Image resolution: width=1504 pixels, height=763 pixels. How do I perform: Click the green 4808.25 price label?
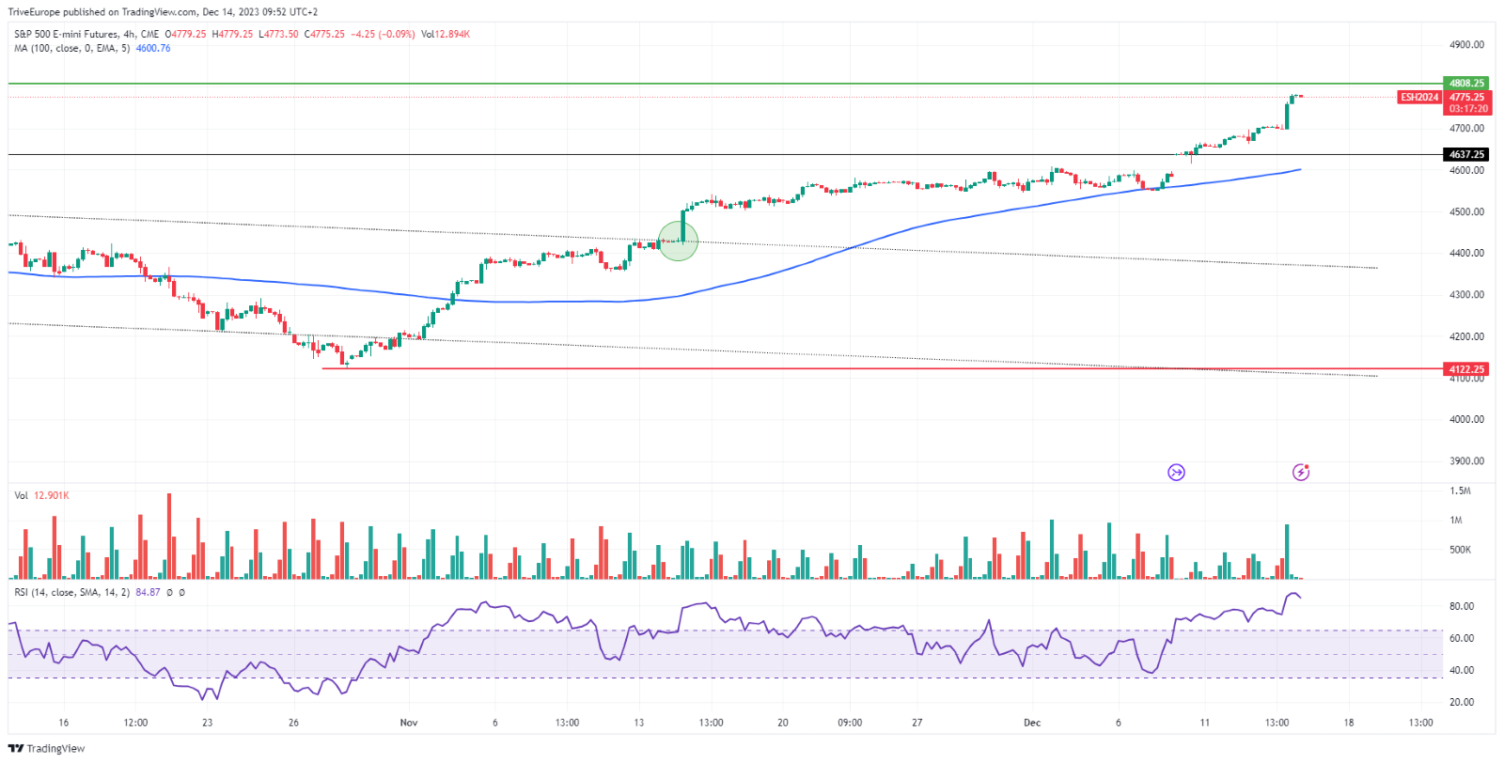[1465, 83]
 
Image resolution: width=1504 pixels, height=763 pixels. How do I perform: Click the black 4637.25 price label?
[1465, 154]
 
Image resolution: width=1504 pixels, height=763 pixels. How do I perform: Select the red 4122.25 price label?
[1465, 369]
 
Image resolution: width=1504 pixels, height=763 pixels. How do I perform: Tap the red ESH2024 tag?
[1419, 97]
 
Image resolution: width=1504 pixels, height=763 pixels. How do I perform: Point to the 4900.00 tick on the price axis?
[1466, 45]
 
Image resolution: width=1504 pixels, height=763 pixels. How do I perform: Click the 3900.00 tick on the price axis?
[1466, 461]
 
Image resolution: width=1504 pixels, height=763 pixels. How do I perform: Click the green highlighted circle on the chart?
[678, 241]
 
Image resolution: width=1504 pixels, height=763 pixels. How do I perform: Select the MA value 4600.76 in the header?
[153, 49]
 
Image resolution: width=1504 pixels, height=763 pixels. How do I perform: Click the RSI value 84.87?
[148, 593]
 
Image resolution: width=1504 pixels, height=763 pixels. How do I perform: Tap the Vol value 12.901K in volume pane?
[52, 495]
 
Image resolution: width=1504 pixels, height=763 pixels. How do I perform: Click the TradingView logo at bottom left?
[46, 749]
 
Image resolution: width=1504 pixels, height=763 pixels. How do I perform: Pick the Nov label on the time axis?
[409, 723]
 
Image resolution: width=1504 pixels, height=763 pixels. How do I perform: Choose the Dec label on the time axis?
[1032, 723]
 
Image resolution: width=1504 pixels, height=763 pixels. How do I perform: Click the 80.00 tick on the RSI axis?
[1461, 606]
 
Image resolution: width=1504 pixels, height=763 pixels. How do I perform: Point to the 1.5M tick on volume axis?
[1460, 490]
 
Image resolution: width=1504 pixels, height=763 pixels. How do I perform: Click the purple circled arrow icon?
[1176, 472]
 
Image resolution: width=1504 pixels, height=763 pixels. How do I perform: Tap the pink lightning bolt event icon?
[1301, 472]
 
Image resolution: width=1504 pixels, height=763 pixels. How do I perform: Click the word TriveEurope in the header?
[34, 12]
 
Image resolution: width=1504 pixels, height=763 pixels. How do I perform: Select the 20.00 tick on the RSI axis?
[1461, 702]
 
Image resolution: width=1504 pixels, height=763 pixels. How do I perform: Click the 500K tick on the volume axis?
[1460, 550]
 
